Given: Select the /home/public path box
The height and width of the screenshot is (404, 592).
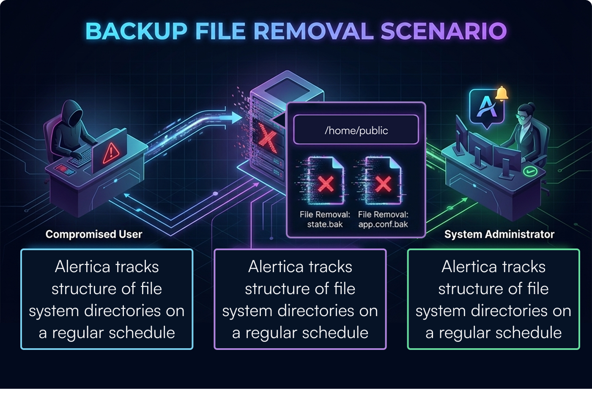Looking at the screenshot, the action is [356, 131].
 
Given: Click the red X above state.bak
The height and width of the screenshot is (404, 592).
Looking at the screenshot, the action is [326, 184].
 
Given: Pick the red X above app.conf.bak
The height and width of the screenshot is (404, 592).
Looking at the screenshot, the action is [383, 184].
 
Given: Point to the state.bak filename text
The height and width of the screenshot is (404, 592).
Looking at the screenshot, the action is [325, 224].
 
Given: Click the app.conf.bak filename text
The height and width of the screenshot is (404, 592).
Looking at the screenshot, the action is [383, 224].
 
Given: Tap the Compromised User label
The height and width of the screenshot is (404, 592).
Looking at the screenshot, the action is [94, 234].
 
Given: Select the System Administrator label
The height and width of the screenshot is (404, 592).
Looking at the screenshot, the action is [499, 234].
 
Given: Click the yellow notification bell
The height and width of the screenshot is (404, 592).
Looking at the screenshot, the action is [502, 93].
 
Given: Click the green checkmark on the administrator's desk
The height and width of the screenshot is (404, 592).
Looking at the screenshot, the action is [529, 171].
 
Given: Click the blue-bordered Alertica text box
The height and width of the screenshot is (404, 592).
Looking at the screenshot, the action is [107, 299].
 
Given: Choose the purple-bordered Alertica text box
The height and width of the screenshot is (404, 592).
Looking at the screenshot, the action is [300, 299].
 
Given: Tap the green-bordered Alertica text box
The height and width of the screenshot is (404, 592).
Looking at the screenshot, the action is [493, 299].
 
